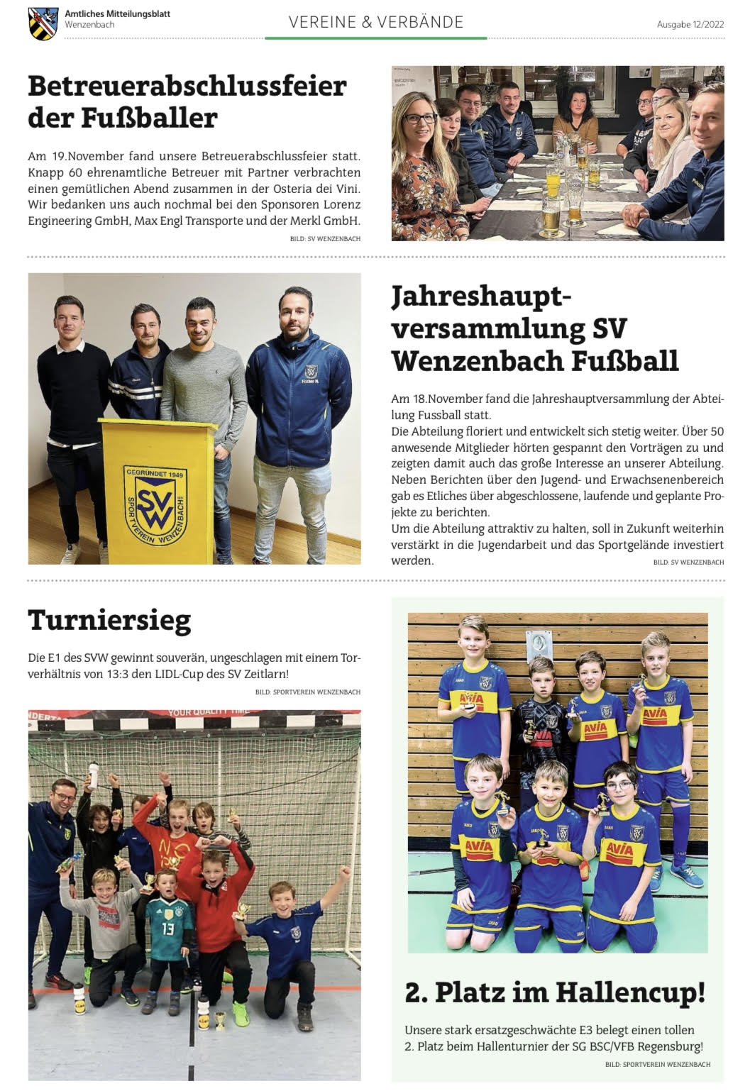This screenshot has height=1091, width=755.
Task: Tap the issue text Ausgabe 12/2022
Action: click(x=690, y=24)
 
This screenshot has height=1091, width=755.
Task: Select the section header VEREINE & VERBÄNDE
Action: click(x=376, y=22)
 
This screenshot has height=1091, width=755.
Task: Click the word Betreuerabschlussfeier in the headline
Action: click(x=187, y=87)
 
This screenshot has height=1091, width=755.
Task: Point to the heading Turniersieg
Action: click(x=109, y=620)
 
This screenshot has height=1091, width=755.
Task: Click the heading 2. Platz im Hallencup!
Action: click(x=555, y=992)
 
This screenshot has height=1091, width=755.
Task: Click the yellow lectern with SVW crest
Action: click(x=158, y=489)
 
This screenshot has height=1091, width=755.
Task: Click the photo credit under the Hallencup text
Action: click(x=658, y=1064)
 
